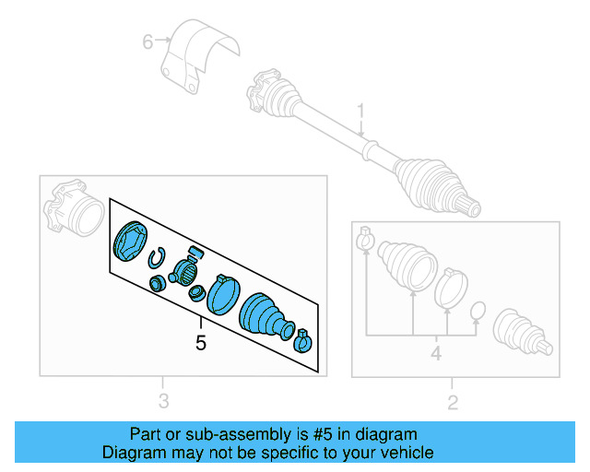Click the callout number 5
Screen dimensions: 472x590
pyautogui.click(x=200, y=343)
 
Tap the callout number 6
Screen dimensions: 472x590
pyautogui.click(x=147, y=41)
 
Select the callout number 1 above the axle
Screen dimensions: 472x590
pyautogui.click(x=361, y=112)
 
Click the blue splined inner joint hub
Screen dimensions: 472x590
pyautogui.click(x=185, y=271)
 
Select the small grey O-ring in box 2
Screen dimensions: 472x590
pyautogui.click(x=478, y=312)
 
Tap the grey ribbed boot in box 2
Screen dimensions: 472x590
pyautogui.click(x=407, y=265)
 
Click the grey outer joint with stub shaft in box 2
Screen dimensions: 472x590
pyautogui.click(x=524, y=333)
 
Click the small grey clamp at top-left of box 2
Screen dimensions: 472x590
pyautogui.click(x=364, y=238)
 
